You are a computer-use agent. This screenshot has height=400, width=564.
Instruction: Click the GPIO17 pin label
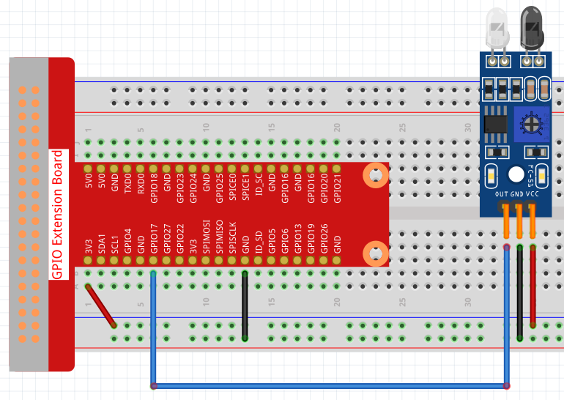[x=154, y=239]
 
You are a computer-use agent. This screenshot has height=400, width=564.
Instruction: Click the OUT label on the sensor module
[x=502, y=194]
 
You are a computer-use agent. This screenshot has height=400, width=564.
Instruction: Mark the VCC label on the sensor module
[x=533, y=194]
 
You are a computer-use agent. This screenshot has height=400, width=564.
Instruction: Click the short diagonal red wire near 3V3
[x=100, y=305]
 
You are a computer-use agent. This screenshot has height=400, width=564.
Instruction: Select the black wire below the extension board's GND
[x=245, y=305]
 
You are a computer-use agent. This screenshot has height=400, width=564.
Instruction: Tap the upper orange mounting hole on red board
[x=376, y=176]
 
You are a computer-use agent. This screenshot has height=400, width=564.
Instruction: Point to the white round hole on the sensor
[x=516, y=174]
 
